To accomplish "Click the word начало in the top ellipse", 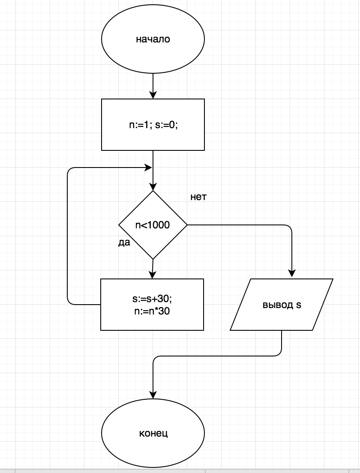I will (x=153, y=39).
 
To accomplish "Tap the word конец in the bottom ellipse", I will (x=153, y=433).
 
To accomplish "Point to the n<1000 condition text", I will (x=153, y=225).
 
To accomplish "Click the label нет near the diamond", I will (x=198, y=197).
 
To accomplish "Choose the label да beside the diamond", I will (x=124, y=242).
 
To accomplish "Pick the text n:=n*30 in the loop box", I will (x=152, y=311).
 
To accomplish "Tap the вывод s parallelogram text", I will (x=282, y=305).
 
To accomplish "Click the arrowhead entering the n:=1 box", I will (x=153, y=95).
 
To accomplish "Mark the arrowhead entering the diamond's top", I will (x=153, y=187).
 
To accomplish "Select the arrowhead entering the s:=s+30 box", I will (x=152, y=275).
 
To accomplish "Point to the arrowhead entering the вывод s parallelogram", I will (x=292, y=275).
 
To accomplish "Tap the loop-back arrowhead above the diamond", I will (x=149, y=167).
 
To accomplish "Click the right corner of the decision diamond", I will (x=187, y=225).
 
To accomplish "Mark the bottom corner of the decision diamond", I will (x=153, y=259).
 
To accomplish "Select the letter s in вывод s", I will (x=298, y=305).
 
